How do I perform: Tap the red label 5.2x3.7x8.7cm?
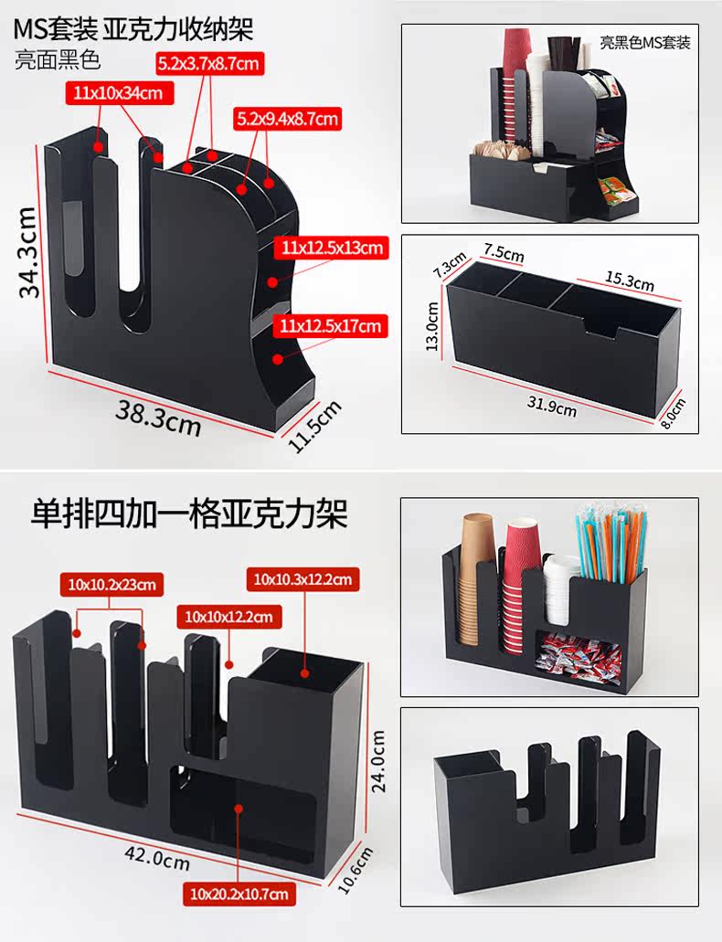[x=209, y=63]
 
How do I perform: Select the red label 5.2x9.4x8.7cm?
[x=287, y=118]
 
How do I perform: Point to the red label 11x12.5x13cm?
[x=334, y=247]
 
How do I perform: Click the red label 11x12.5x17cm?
[x=334, y=325]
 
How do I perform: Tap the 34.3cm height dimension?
[x=28, y=251]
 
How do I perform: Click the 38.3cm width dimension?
[x=158, y=416]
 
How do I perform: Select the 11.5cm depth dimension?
[x=313, y=425]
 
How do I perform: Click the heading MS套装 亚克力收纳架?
[x=133, y=28]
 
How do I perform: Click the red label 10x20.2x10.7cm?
[x=239, y=893]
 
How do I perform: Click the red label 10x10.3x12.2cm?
[x=302, y=578]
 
